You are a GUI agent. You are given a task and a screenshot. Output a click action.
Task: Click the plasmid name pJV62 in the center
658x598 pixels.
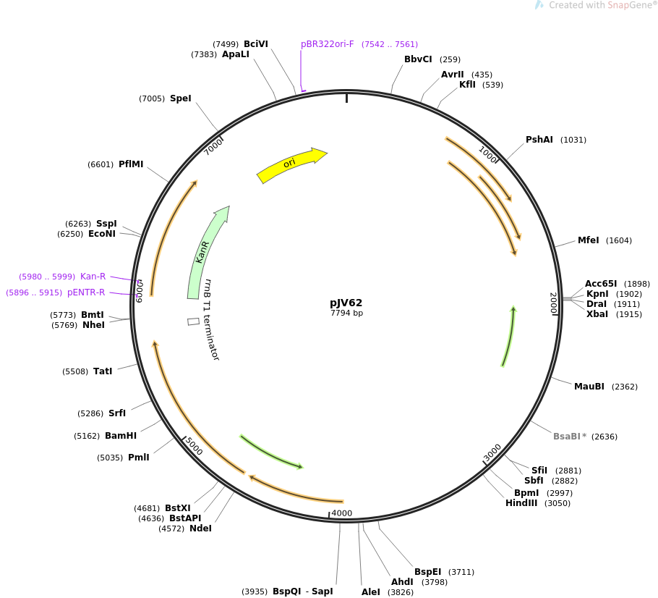tap(346, 303)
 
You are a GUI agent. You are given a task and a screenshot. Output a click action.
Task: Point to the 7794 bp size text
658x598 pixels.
tap(346, 313)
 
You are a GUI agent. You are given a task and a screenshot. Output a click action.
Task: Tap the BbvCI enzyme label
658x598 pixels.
tap(418, 59)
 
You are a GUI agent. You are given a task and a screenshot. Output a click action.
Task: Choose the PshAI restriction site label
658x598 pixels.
tap(539, 140)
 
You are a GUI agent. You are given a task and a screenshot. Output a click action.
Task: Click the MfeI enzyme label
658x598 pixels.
tap(588, 240)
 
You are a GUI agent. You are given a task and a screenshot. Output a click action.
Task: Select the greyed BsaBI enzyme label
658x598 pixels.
tap(567, 437)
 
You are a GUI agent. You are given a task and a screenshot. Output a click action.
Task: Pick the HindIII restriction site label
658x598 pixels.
tap(521, 503)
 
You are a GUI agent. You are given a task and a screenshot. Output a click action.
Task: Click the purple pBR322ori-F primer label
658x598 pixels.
tap(328, 44)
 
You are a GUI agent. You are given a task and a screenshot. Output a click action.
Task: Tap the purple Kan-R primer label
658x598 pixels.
tap(93, 276)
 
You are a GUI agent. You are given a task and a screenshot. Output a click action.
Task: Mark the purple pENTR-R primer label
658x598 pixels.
tap(86, 292)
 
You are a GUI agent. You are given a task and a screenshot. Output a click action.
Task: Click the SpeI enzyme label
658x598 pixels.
tap(181, 98)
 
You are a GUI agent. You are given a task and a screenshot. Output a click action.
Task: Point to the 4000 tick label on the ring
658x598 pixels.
tap(342, 513)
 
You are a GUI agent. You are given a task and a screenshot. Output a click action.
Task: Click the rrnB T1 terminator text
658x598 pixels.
tap(210, 319)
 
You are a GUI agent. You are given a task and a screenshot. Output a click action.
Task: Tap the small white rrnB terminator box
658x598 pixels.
tap(193, 321)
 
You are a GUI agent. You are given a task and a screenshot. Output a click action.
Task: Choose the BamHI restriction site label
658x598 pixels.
tap(121, 436)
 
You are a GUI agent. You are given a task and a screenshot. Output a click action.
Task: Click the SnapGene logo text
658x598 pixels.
tap(602, 5)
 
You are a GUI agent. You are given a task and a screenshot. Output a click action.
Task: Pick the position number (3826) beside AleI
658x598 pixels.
tap(401, 592)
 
